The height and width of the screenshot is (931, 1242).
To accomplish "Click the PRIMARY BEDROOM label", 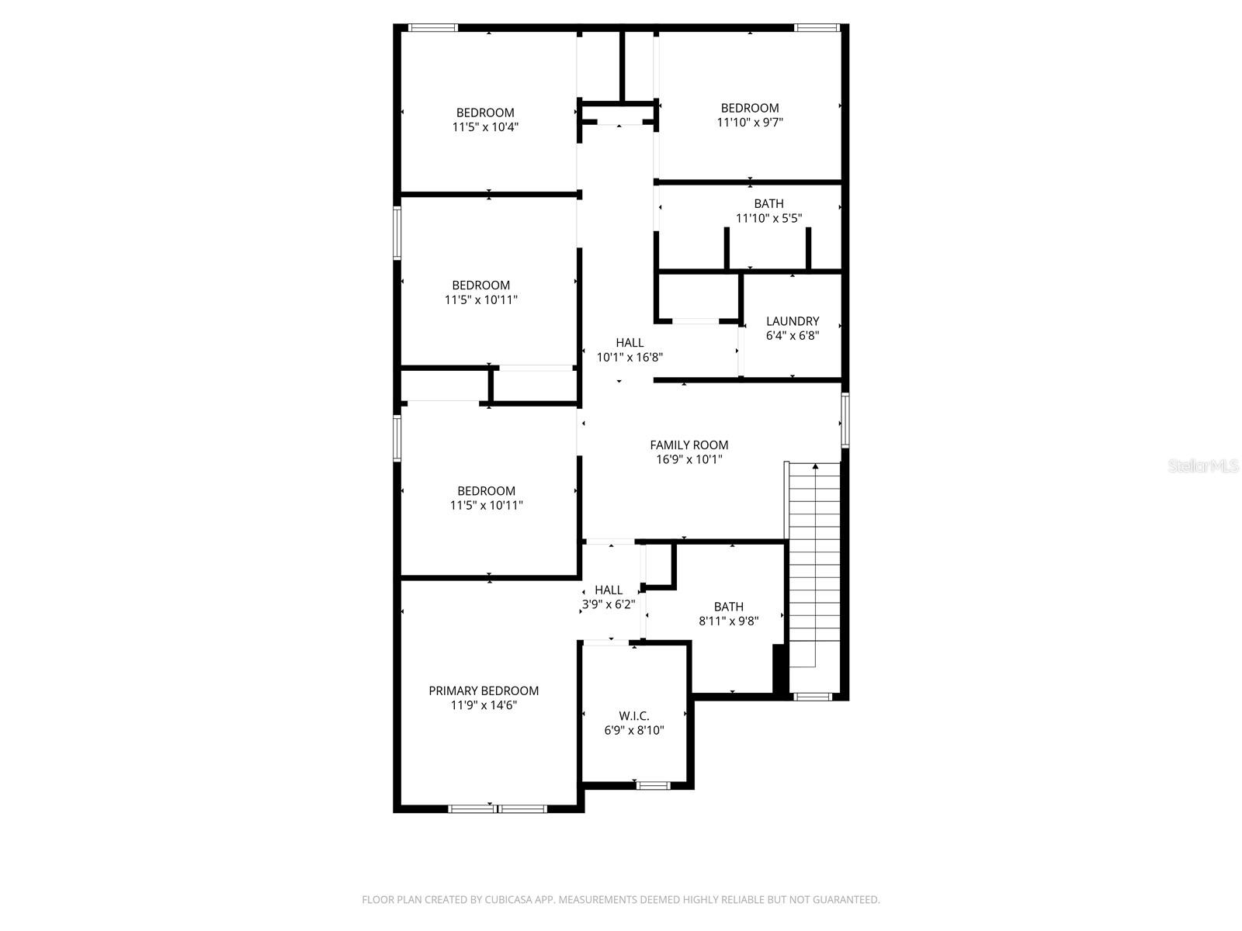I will point(484,690).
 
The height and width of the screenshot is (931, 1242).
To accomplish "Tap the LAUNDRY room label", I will point(793,321).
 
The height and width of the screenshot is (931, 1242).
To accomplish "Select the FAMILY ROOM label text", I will point(689,445).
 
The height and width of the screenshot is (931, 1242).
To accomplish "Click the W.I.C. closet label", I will point(634,716).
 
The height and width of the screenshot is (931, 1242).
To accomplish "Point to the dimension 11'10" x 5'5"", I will point(768,218).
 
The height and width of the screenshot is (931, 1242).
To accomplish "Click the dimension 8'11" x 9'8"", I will point(728,621).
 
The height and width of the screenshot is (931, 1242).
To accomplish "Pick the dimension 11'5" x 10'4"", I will point(485,126).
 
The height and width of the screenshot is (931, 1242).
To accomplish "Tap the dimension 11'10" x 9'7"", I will point(749,122).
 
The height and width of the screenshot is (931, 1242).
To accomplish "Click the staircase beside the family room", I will point(814,574).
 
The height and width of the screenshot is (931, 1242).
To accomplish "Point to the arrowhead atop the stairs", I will point(815,467).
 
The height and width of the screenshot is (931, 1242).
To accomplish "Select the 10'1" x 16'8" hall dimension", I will point(629,357).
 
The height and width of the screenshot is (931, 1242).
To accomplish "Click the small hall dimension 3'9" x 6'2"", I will point(609,604).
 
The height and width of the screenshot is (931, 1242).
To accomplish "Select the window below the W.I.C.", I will point(654,786).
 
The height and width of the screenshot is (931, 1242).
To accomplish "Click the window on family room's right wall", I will point(845,420).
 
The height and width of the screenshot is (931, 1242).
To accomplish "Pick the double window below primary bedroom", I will point(498,809).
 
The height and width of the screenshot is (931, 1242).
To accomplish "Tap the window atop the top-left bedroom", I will point(433,28).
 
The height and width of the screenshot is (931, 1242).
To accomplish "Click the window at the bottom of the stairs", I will point(813,697).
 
